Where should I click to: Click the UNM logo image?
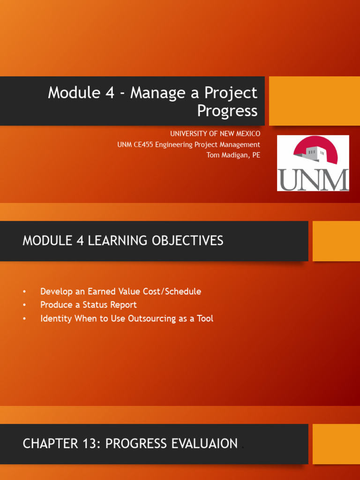pyautogui.click(x=313, y=163)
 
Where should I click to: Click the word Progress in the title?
pyautogui.click(x=227, y=111)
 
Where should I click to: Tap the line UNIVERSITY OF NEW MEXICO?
pyautogui.click(x=215, y=134)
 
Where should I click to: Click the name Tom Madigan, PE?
pyautogui.click(x=233, y=155)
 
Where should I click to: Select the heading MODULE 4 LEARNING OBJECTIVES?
pyautogui.click(x=123, y=240)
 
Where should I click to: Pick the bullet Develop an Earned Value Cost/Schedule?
pyautogui.click(x=120, y=291)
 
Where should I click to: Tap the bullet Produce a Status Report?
pyautogui.click(x=89, y=305)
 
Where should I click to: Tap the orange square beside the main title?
pyautogui.click(x=315, y=101)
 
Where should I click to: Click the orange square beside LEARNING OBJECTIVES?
pyautogui.click(x=336, y=241)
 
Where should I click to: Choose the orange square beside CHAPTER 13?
pyautogui.click(x=336, y=444)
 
